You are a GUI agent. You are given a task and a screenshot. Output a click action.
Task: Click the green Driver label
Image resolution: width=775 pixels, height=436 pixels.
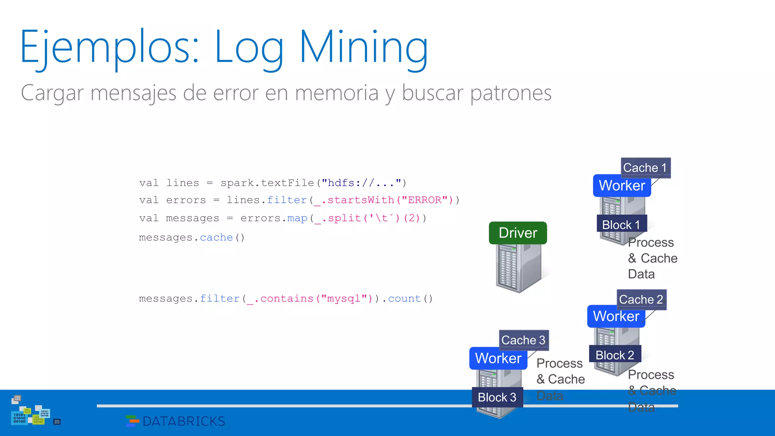pos(518,233)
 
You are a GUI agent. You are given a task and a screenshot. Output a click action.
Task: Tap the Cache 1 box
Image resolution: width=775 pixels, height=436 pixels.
pos(645,168)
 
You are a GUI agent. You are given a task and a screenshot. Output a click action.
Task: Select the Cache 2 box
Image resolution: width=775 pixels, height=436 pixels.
pos(641,299)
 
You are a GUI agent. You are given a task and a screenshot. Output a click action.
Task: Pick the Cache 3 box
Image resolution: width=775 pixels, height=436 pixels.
pos(523,340)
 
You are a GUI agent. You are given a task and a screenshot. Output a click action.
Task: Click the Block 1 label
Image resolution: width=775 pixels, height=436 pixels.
pos(621,224)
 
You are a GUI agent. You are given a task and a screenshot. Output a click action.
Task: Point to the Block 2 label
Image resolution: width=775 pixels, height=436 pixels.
pos(615,355)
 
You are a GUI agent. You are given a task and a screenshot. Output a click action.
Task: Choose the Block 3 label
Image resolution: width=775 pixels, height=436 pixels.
pos(497,397)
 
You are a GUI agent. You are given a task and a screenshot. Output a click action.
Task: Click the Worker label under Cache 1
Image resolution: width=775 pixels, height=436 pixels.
pos(622,185)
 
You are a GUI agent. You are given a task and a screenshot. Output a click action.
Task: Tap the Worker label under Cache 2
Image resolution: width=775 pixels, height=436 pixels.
pos(616,316)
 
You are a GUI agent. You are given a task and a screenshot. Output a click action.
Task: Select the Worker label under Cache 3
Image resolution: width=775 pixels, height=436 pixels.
pos(498,358)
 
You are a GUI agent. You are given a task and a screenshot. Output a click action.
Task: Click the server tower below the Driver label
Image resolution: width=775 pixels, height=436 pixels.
pos(518,269)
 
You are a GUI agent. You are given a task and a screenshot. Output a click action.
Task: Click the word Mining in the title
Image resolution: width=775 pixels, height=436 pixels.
pos(363,47)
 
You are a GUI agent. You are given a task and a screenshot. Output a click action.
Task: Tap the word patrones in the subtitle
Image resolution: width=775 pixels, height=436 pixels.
pos(511,93)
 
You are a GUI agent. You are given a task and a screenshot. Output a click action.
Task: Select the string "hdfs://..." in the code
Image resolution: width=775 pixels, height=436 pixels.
pos(361,183)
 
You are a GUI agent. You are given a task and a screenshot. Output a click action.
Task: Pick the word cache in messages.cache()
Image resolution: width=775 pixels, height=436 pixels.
pos(216,238)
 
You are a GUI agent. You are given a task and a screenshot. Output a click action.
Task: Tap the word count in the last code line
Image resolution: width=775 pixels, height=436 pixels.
pos(404,299)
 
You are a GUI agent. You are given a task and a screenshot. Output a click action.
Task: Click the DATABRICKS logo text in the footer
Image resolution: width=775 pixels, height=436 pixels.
pos(184,421)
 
